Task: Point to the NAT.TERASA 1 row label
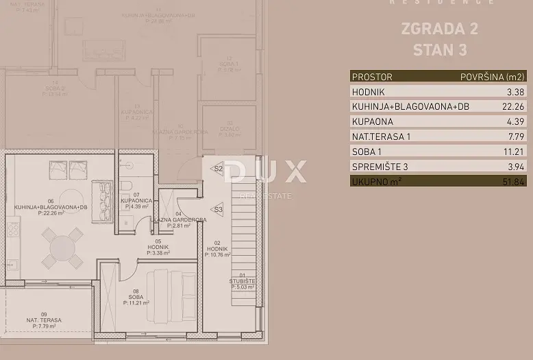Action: coord(381,136)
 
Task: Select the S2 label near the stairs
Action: coord(219,168)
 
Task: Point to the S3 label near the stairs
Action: coord(219,209)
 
